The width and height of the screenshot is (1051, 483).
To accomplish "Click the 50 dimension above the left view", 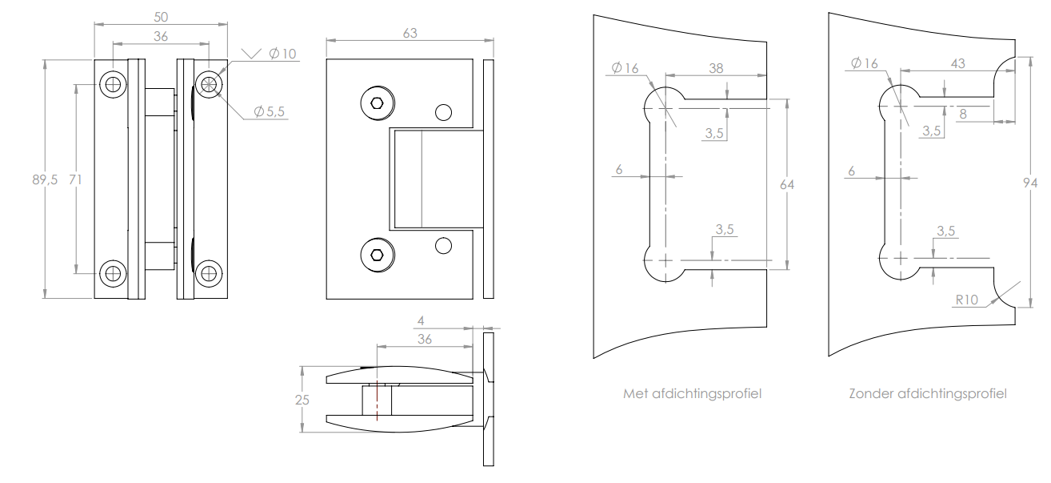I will (x=161, y=17).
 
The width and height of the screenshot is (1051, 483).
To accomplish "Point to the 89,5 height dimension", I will (x=45, y=180).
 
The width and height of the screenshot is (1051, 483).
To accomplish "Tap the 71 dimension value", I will (x=75, y=180).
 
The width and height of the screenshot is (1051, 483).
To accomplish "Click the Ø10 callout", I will (x=282, y=54).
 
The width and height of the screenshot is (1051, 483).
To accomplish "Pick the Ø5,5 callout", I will (x=269, y=112).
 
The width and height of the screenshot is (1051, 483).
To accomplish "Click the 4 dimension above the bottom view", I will (x=422, y=320).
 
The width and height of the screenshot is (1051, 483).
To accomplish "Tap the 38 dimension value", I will (x=716, y=69).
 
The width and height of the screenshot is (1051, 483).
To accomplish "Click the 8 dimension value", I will (x=963, y=115).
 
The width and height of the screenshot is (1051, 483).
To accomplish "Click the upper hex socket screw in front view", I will (x=378, y=103).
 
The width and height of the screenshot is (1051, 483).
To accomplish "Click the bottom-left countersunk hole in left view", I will (x=114, y=273).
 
